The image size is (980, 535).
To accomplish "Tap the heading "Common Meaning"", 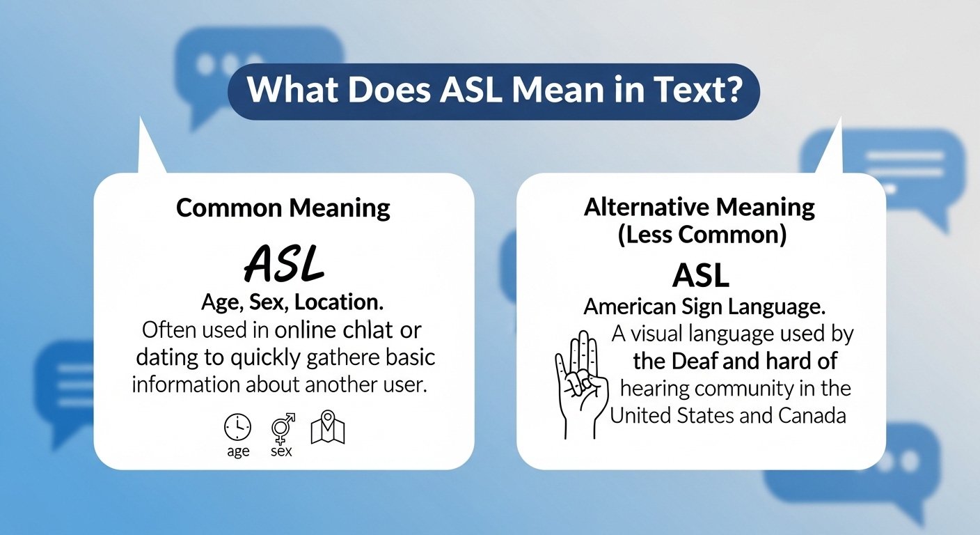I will [283, 208].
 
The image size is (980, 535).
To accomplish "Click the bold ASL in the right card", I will [700, 277].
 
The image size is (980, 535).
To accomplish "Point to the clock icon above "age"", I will [238, 427].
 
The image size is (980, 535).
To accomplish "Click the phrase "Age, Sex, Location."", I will [292, 304].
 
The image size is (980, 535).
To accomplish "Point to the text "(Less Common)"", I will [701, 235].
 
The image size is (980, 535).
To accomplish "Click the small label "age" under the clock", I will [238, 452].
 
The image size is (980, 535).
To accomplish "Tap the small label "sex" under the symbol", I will [281, 452].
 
